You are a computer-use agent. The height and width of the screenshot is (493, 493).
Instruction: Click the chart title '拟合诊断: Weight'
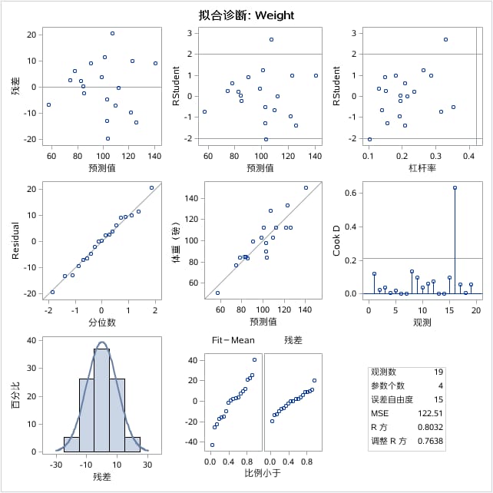click(246, 15)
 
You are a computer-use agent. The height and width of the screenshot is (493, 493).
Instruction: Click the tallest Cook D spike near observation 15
click(455, 187)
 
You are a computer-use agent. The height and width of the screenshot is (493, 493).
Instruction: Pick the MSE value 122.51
click(430, 413)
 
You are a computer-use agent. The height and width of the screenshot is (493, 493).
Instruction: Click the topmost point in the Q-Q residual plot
click(151, 187)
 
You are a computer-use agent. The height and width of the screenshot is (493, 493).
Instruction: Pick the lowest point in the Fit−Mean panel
click(212, 445)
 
